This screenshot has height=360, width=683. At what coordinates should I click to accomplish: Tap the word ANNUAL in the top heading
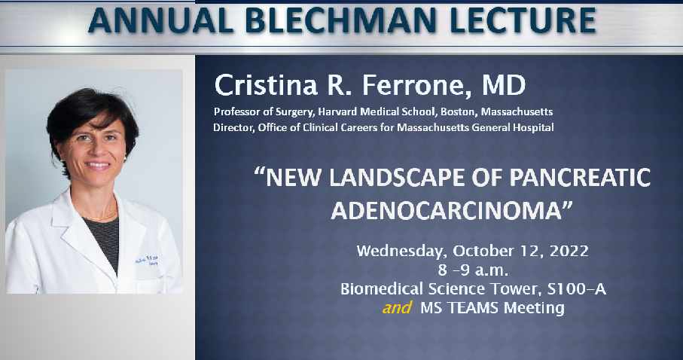tap(160, 20)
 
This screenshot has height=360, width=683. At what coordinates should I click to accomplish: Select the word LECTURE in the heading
tap(523, 20)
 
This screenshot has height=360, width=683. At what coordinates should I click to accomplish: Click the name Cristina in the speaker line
tap(266, 84)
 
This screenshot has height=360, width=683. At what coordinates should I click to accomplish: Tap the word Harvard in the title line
tap(334, 111)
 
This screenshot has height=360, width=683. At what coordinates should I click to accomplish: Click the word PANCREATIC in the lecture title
tap(579, 178)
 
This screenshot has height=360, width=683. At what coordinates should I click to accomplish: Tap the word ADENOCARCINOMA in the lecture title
tap(446, 211)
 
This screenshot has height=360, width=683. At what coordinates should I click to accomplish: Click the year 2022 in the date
tap(569, 251)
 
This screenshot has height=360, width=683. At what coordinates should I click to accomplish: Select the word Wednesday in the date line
tap(401, 252)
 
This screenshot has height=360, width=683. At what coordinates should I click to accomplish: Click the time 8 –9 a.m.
tap(473, 270)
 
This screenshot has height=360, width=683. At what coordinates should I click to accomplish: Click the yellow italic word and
tap(396, 308)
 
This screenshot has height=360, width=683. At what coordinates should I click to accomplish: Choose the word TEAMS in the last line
tap(473, 308)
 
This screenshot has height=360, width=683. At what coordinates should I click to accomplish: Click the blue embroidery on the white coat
tap(147, 260)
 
